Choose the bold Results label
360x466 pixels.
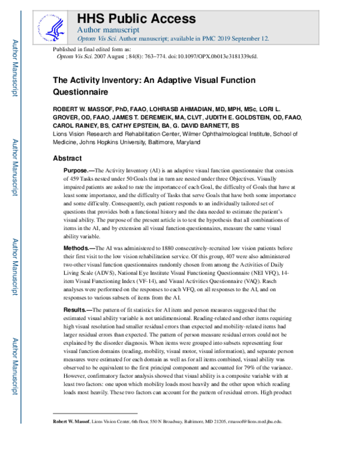[78, 309]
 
